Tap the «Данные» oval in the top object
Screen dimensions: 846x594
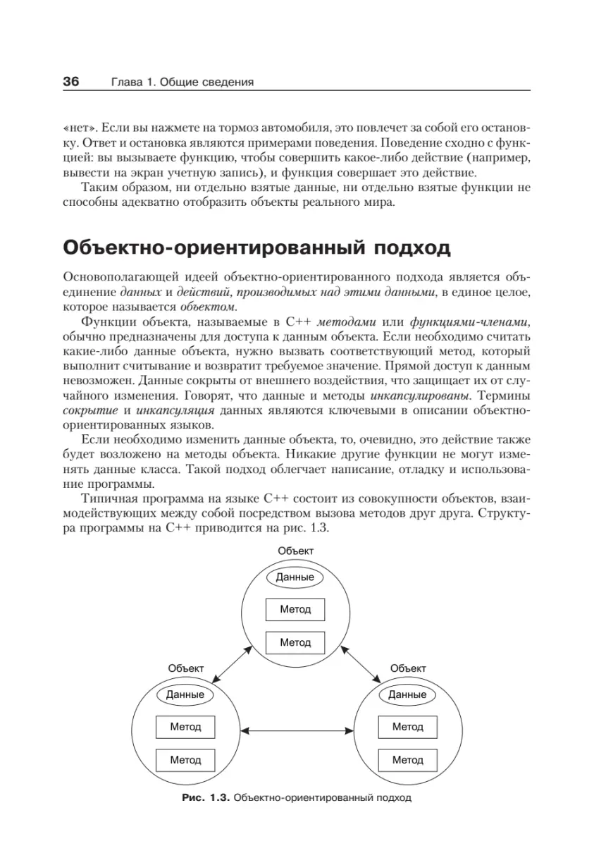pyautogui.click(x=295, y=577)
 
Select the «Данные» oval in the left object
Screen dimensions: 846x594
pyautogui.click(x=185, y=694)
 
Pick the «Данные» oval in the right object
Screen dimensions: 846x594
pyautogui.click(x=407, y=694)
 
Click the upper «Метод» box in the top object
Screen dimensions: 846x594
pyautogui.click(x=295, y=609)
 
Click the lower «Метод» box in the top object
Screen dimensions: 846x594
pyautogui.click(x=295, y=642)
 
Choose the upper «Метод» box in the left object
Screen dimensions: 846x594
pyautogui.click(x=185, y=726)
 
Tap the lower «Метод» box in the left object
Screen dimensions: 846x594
pyautogui.click(x=185, y=760)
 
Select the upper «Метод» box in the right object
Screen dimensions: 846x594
pyautogui.click(x=407, y=726)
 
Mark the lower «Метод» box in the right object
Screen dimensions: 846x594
pyautogui.click(x=407, y=760)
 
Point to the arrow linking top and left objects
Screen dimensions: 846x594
pyautogui.click(x=235, y=663)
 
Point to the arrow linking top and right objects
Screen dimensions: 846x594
pyautogui.click(x=357, y=663)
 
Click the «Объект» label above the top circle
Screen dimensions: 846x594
pyautogui.click(x=295, y=550)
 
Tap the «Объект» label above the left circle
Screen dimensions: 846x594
pyautogui.click(x=186, y=668)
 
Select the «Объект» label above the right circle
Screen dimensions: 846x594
pyautogui.click(x=408, y=668)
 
